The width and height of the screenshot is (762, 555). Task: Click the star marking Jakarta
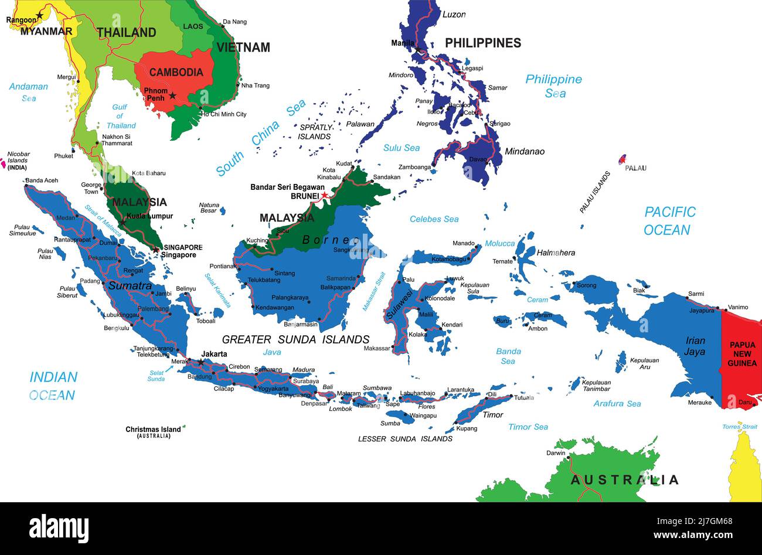(201, 363)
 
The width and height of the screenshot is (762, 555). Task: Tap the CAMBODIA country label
(176, 72)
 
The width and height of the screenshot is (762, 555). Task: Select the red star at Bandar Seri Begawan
(324, 195)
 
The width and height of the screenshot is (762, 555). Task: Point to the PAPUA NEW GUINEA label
(742, 354)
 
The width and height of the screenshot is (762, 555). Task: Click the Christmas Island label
(153, 430)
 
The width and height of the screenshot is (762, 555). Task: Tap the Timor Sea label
(528, 427)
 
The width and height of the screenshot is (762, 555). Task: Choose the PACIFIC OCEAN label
(669, 221)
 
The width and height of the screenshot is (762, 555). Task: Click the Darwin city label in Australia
(556, 453)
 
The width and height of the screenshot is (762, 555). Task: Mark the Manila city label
(403, 43)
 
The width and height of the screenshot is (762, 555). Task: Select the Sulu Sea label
(402, 148)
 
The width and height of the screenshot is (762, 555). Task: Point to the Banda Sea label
(508, 356)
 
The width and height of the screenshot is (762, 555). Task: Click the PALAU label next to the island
(635, 168)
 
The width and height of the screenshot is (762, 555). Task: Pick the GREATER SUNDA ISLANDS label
(295, 339)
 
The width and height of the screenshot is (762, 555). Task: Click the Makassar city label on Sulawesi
(376, 348)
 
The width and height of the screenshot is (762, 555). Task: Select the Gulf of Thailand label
(120, 116)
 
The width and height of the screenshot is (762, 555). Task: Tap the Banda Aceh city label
(42, 181)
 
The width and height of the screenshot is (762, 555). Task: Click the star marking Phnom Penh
(172, 95)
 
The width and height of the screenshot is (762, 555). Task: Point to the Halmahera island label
(556, 253)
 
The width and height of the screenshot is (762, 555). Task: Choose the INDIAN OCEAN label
(53, 386)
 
